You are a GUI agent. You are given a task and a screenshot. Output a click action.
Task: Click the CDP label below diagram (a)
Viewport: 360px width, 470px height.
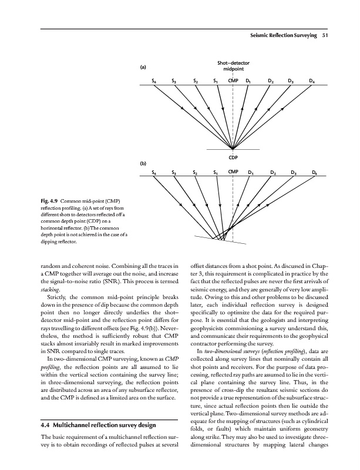233,157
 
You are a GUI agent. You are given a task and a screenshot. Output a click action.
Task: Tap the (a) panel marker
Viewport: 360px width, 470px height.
143,67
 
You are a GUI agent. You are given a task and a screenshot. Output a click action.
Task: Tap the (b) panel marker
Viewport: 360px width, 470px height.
143,163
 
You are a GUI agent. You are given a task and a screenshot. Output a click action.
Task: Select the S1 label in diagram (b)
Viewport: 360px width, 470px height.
216,173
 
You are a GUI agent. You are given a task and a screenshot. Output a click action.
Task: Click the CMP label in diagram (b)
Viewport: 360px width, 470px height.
233,173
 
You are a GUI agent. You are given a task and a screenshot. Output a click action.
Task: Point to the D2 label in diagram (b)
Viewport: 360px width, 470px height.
273,173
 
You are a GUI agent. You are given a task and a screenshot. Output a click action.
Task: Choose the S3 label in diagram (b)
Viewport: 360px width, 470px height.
174,173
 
